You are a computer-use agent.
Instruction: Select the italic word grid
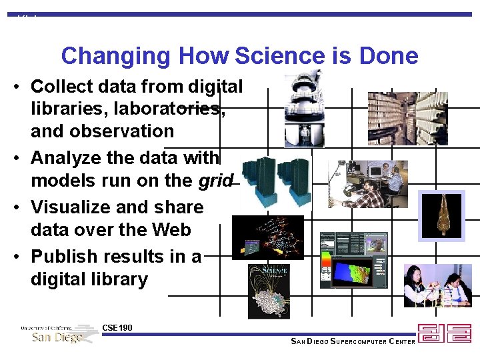(x=216, y=181)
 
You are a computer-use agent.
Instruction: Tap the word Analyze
(x=63, y=157)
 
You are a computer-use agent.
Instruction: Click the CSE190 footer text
(x=117, y=328)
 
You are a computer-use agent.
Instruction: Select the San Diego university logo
(x=59, y=333)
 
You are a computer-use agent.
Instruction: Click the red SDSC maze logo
(x=444, y=333)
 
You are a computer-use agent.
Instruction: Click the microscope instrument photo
(x=303, y=109)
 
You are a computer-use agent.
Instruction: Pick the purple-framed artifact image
(x=441, y=215)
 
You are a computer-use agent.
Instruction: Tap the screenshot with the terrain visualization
(x=353, y=260)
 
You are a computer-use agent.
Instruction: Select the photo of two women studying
(x=437, y=285)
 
